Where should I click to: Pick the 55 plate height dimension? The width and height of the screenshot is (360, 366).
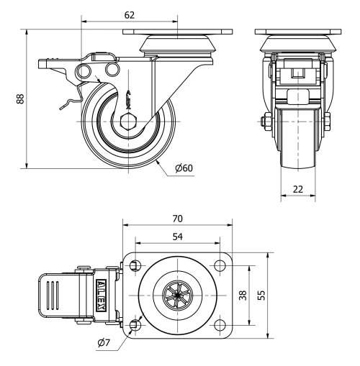(277, 296)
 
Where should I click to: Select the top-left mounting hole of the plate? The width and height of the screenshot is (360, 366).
(135, 267)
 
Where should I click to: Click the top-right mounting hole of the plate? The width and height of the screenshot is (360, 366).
(218, 267)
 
